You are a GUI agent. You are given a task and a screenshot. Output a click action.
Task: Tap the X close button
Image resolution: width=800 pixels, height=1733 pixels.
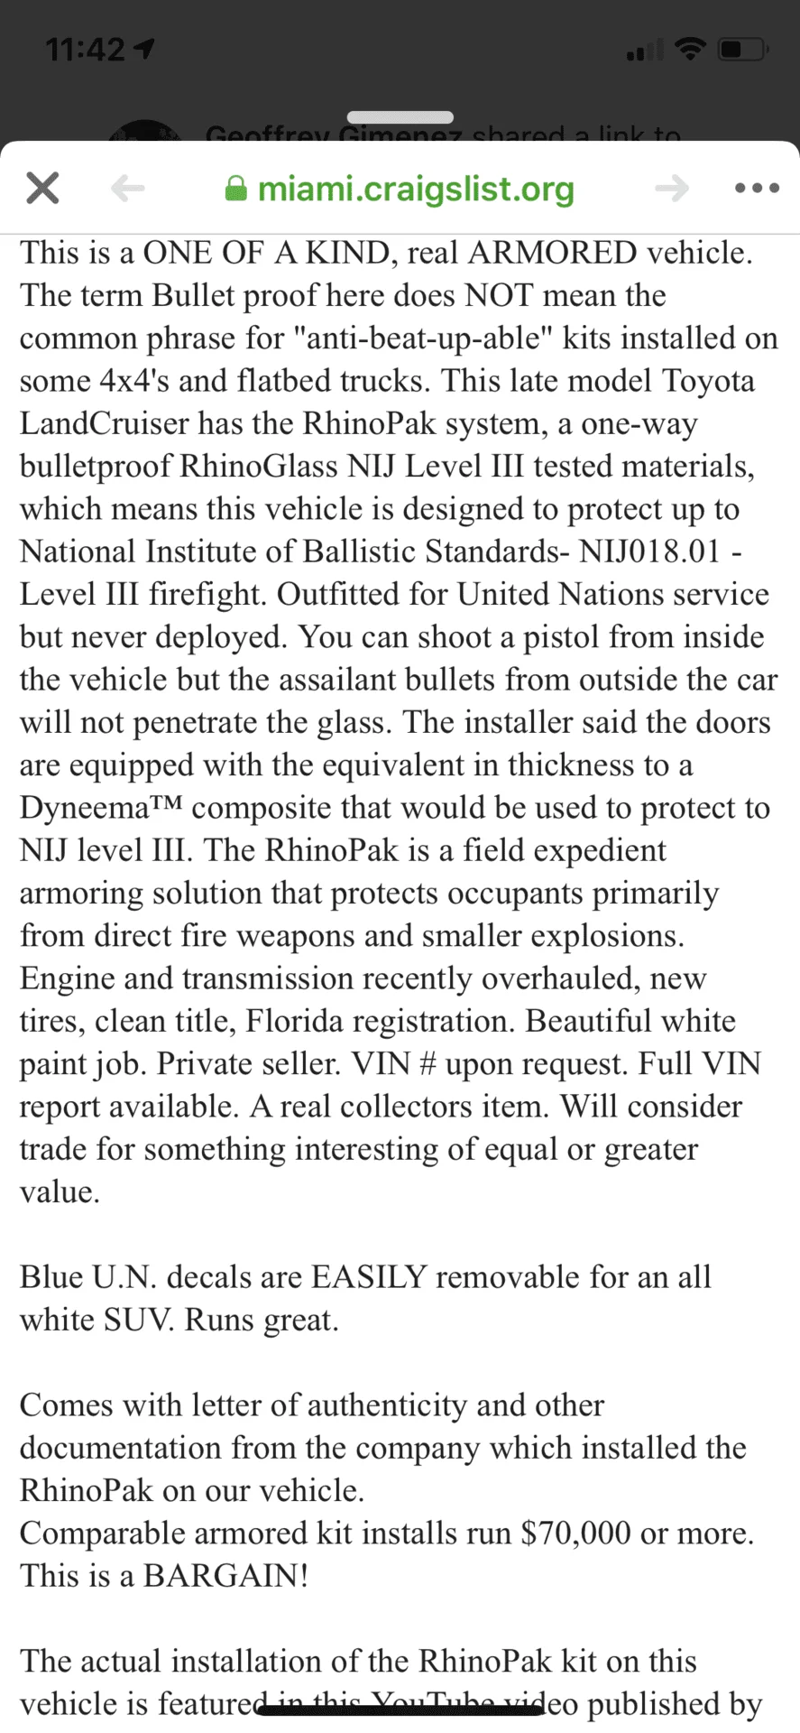point(42,189)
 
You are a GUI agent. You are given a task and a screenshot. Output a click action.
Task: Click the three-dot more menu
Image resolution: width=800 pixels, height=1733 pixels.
point(757,189)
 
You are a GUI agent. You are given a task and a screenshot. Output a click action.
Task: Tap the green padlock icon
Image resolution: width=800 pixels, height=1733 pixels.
point(236,189)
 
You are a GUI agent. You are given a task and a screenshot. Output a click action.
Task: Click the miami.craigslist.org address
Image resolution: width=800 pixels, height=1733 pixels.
point(416,189)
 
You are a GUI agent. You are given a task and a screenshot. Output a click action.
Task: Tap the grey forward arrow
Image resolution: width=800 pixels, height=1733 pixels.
point(672,189)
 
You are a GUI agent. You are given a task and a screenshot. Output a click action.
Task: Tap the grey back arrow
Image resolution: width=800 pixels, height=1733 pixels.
point(128,189)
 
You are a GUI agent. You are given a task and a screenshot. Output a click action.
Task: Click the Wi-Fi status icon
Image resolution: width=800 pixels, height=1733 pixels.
point(691,49)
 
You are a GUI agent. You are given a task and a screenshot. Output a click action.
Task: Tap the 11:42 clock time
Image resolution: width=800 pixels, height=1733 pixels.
point(86,49)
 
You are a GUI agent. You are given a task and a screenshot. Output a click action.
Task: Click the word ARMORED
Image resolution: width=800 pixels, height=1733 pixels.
point(553,253)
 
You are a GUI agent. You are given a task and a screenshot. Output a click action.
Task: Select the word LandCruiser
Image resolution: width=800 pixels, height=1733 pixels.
point(105,423)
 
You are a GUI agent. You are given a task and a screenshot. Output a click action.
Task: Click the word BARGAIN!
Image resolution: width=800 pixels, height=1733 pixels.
point(225,1576)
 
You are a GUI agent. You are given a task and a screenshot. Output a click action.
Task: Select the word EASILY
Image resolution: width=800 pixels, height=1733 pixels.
point(369,1277)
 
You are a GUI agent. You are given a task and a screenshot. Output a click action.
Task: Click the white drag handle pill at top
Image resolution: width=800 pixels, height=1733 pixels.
point(400,117)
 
